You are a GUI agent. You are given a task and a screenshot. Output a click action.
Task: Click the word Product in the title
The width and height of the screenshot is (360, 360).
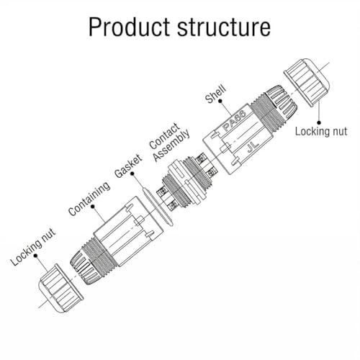130,27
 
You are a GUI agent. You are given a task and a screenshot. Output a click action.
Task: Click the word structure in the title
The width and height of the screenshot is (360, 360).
224,27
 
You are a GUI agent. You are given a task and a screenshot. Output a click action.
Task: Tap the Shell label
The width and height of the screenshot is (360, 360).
215,94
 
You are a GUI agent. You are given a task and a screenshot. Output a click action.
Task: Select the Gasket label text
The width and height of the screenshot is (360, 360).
128,166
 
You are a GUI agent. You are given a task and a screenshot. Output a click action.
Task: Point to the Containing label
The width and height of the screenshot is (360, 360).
89,198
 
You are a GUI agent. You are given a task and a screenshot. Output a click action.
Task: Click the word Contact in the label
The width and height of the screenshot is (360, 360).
164,135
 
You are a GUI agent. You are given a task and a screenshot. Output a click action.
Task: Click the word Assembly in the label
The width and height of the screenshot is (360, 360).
172,145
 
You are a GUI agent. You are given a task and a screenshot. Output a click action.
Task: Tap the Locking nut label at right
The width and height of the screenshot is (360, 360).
321,132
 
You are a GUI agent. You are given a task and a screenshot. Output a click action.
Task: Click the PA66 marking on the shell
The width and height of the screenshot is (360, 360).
234,120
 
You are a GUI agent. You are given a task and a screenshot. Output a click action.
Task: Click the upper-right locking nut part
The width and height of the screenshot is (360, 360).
307,82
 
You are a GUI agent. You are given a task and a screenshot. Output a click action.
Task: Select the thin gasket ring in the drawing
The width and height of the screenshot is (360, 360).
158,207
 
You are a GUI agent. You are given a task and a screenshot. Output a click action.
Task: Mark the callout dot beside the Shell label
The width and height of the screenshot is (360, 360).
220,102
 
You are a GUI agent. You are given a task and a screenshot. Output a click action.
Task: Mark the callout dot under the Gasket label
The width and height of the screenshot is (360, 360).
132,173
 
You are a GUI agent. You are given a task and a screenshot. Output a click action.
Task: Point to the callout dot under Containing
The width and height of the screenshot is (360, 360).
93,207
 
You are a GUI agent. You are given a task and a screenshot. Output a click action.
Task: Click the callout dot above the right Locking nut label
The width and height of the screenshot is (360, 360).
319,122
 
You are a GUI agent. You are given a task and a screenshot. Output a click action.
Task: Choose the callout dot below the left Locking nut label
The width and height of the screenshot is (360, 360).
35,256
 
